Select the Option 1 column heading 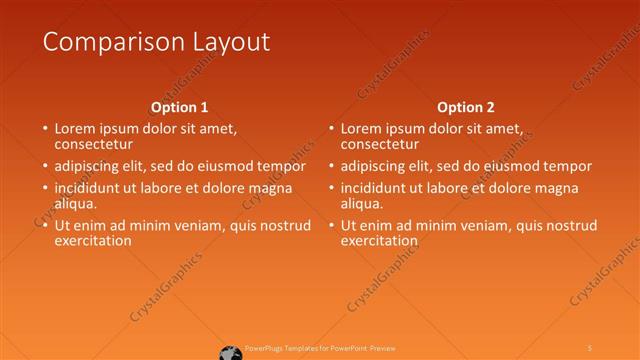coord(180,107)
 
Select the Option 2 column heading coord(466,107)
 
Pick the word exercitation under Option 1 coord(93,240)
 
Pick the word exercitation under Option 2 coord(379,240)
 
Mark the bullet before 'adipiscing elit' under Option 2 coord(331,166)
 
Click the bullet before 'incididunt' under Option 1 coord(45,188)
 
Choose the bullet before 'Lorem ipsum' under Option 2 coord(331,129)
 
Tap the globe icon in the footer coord(230,351)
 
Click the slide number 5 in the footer coord(590,348)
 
